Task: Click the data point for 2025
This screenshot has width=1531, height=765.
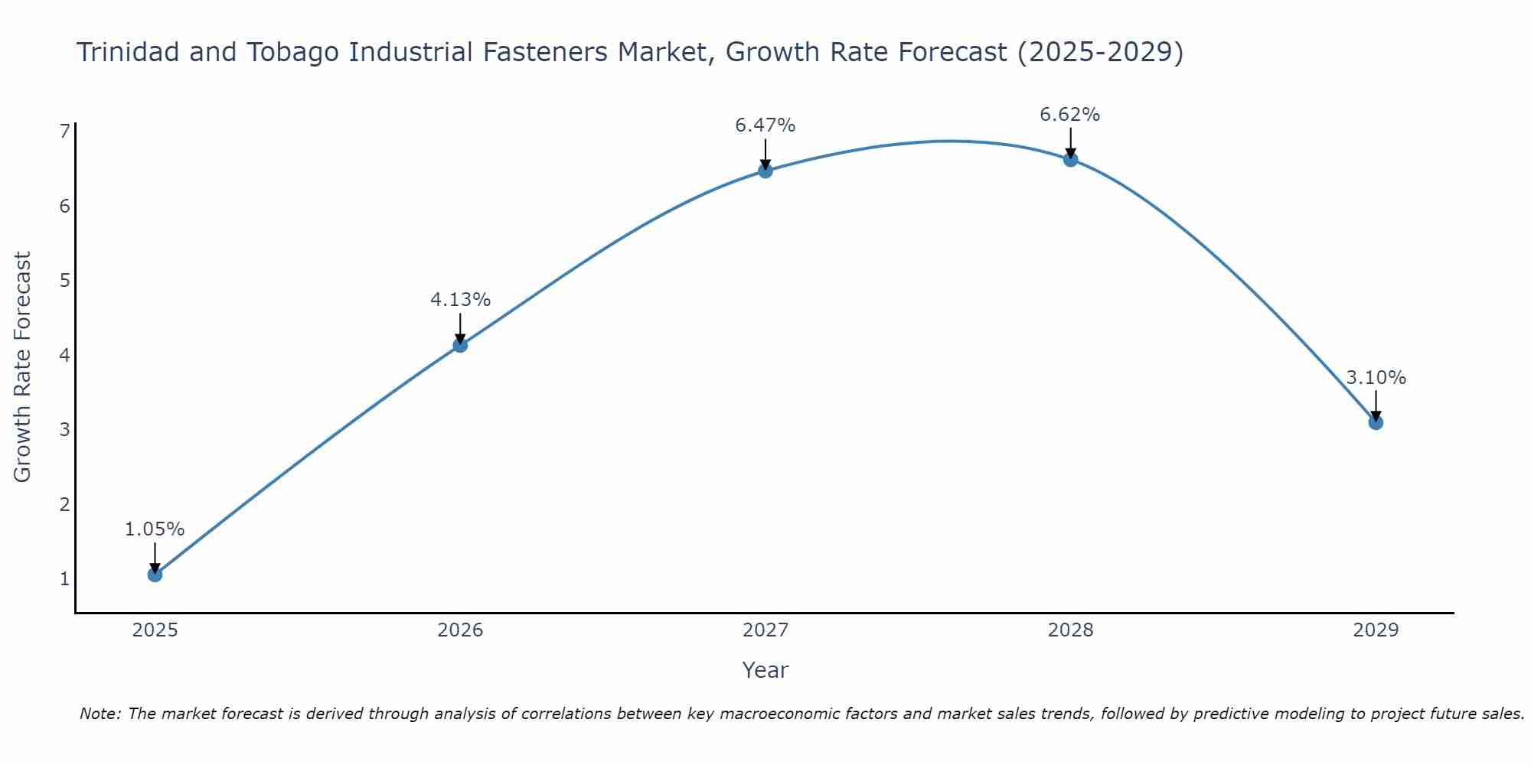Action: [x=155, y=575]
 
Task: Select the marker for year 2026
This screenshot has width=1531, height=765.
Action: [x=460, y=345]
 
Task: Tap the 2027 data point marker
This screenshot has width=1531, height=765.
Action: [x=765, y=171]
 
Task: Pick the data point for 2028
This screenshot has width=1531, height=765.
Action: [x=1070, y=159]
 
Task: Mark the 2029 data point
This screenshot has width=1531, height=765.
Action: [x=1376, y=422]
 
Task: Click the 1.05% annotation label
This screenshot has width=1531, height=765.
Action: [x=155, y=529]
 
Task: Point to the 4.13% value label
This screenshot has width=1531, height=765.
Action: [x=460, y=299]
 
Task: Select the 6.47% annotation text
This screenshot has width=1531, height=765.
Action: [x=765, y=125]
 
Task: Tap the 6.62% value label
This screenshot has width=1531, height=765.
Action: [x=1070, y=114]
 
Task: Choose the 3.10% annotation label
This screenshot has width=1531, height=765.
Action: [x=1376, y=377]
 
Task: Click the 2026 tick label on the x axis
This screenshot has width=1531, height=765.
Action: [x=460, y=630]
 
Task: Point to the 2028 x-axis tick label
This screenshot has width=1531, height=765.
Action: [x=1070, y=630]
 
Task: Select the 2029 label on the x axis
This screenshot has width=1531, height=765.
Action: [x=1376, y=630]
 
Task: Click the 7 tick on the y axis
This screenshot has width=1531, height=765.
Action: [x=64, y=132]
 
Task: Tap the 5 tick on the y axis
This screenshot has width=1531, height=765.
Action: [x=64, y=281]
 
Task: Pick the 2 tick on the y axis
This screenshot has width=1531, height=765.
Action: [x=64, y=504]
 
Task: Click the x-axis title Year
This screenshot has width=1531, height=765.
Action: [x=765, y=670]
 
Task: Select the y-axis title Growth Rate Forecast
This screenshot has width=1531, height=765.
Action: [x=23, y=366]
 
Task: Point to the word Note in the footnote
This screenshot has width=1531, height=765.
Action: [x=100, y=714]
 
